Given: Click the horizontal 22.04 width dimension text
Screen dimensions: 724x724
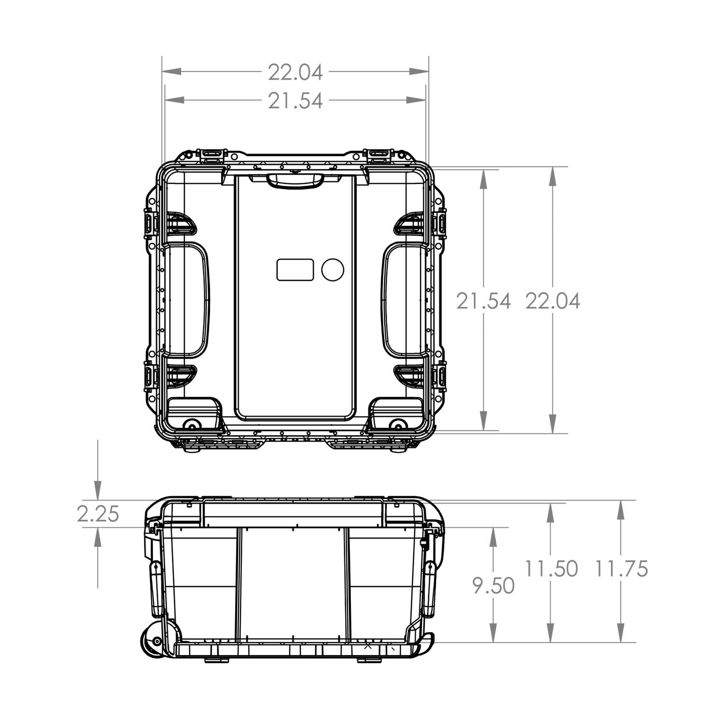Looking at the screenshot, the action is click(295, 72).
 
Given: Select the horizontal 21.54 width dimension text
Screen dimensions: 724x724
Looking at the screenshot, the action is click(295, 101).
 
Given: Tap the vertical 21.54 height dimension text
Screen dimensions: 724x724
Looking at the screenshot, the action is click(483, 301).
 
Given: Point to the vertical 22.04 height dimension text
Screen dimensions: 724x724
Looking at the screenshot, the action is click(553, 301).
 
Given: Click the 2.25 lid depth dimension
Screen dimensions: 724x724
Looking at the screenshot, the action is click(98, 515).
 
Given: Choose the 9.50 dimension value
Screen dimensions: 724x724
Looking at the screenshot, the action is click(493, 586).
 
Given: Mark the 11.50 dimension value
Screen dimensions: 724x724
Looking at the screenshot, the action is click(551, 569).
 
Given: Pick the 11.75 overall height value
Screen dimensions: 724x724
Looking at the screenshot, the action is click(621, 569).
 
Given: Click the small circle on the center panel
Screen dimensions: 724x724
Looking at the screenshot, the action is click(333, 269).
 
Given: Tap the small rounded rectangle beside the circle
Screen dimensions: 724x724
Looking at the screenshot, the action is click(295, 269).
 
